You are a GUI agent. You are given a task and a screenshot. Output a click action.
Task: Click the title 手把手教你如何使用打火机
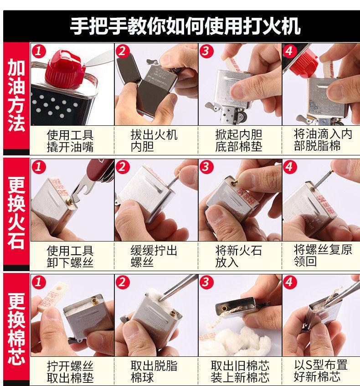pos(185,26)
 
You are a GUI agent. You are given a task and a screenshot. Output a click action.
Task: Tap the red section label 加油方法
pos(16,95)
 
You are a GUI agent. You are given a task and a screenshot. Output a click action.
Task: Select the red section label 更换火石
pos(16,213)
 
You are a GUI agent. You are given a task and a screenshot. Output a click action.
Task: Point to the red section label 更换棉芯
pos(16,329)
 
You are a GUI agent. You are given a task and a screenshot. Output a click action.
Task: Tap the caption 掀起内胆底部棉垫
pos(239,140)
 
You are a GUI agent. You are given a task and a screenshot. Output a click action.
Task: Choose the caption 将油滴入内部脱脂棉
pos(323,140)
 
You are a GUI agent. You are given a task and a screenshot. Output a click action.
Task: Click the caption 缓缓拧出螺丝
pos(154,256)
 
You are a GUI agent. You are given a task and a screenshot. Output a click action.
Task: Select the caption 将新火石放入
pos(238,256)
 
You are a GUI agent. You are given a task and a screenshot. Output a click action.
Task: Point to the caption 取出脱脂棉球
pos(154,372)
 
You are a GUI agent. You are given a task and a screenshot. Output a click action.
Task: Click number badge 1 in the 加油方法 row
pos(39,51)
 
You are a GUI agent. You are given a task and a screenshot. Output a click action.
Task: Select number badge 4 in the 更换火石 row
pos(290,167)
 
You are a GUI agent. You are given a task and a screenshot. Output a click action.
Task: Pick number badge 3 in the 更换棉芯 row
pos(206,282)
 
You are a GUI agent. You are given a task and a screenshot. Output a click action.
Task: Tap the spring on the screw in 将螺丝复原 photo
pos(323,180)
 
